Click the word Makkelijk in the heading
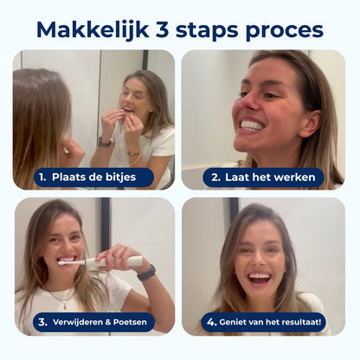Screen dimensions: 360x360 coord(93,29)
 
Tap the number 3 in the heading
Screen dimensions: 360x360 coord(162,29)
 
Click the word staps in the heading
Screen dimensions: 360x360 coord(207,31)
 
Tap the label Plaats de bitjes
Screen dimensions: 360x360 coord(93,177)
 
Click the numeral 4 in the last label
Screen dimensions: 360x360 coord(211,322)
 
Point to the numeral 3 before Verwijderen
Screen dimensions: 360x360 coord(42,322)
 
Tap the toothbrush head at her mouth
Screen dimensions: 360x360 coord(68,262)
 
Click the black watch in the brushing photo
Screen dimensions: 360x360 coord(146,273)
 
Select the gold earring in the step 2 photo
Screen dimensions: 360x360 coord(305,133)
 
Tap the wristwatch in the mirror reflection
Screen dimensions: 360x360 coord(104,142)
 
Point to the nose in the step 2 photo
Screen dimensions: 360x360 coord(248,100)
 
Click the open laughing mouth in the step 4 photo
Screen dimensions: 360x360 coord(260,278)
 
